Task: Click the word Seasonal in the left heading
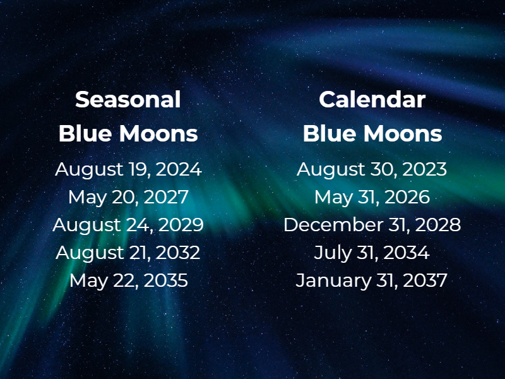coord(128,99)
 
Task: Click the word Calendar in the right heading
coord(372,99)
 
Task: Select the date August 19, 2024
coord(128,169)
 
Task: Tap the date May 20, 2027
coord(128,197)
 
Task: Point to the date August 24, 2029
coord(128,225)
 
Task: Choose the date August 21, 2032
coord(128,253)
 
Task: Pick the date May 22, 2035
coord(128,280)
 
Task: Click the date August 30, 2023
coord(372,169)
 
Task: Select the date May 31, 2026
coord(372,197)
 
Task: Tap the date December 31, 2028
coord(372,225)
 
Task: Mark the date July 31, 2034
coord(372,253)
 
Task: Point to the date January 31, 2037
coord(372,280)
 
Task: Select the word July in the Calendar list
coord(330,253)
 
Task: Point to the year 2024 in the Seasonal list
coord(179,169)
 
